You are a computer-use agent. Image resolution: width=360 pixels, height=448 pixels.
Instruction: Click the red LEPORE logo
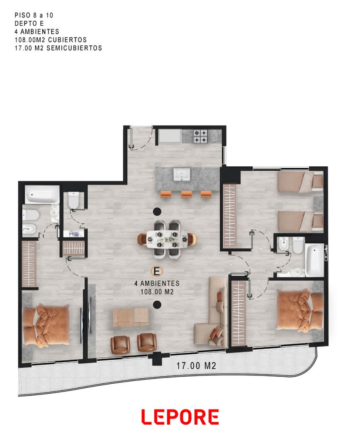[180, 417]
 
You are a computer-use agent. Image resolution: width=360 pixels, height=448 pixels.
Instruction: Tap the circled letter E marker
[157, 271]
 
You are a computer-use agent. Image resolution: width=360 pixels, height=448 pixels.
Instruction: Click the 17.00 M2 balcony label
[196, 365]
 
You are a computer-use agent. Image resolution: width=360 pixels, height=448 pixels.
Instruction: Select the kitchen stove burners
[200, 136]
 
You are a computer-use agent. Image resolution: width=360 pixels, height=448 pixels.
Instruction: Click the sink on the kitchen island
[182, 174]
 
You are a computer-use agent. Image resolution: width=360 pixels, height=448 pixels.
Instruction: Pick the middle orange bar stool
[187, 194]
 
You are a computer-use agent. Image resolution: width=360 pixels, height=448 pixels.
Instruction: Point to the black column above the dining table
[157, 212]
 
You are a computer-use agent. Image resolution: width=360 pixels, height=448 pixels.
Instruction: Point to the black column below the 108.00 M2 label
[157, 304]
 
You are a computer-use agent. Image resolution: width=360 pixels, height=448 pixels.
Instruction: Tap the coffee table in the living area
[131, 317]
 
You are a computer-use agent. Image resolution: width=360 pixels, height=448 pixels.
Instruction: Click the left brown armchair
[120, 345]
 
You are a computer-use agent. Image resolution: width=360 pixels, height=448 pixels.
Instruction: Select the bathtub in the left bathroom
[42, 195]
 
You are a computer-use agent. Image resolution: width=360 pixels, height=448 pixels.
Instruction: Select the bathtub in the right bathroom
[314, 260]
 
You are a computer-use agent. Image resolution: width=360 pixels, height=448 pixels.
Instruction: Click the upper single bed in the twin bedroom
[300, 182]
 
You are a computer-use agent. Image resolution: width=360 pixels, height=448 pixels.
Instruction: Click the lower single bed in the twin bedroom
[300, 222]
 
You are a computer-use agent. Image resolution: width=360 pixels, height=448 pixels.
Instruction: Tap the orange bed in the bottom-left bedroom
[46, 325]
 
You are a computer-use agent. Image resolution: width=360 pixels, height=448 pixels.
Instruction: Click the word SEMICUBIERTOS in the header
[74, 48]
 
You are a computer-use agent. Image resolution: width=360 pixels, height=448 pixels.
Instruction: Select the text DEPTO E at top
[29, 23]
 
